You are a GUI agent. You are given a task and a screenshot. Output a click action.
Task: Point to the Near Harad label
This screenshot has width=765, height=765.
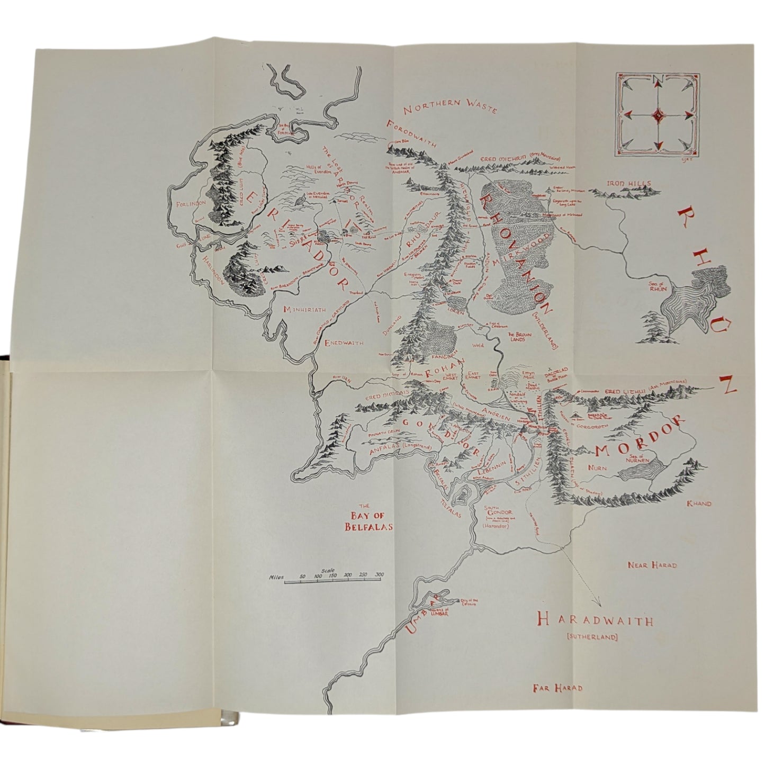pyautogui.click(x=652, y=565)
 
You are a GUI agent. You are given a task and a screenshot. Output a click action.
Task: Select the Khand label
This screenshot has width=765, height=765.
pyautogui.click(x=699, y=503)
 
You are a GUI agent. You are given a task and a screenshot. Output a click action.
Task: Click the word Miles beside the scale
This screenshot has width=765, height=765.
pyautogui.click(x=277, y=578)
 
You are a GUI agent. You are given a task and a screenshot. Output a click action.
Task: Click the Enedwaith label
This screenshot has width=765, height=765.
pyautogui.click(x=344, y=343)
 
